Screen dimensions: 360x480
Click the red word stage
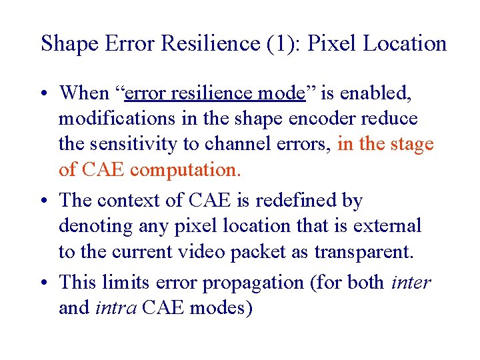pyautogui.click(x=412, y=145)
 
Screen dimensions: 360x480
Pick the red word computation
pyautogui.click(x=185, y=170)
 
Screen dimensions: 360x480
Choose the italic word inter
pyautogui.click(x=411, y=283)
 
